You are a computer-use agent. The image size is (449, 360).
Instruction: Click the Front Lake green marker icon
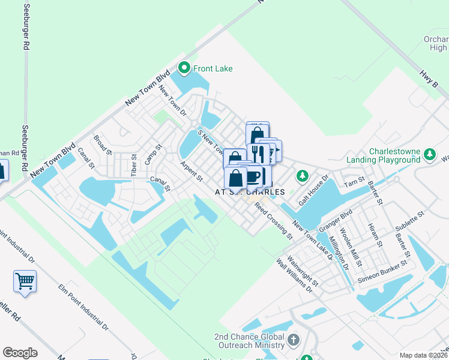pos(185,68)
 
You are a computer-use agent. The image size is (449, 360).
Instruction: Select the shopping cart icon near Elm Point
pos(25,281)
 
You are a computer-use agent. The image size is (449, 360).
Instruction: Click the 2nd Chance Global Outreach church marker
pos(293,341)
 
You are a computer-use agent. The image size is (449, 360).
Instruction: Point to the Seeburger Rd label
pos(26,27)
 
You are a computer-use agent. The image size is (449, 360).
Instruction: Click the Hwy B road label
pos(427,79)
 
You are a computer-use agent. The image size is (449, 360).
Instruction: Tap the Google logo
pos(20,353)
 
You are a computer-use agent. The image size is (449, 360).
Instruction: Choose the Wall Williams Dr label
pos(294,275)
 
